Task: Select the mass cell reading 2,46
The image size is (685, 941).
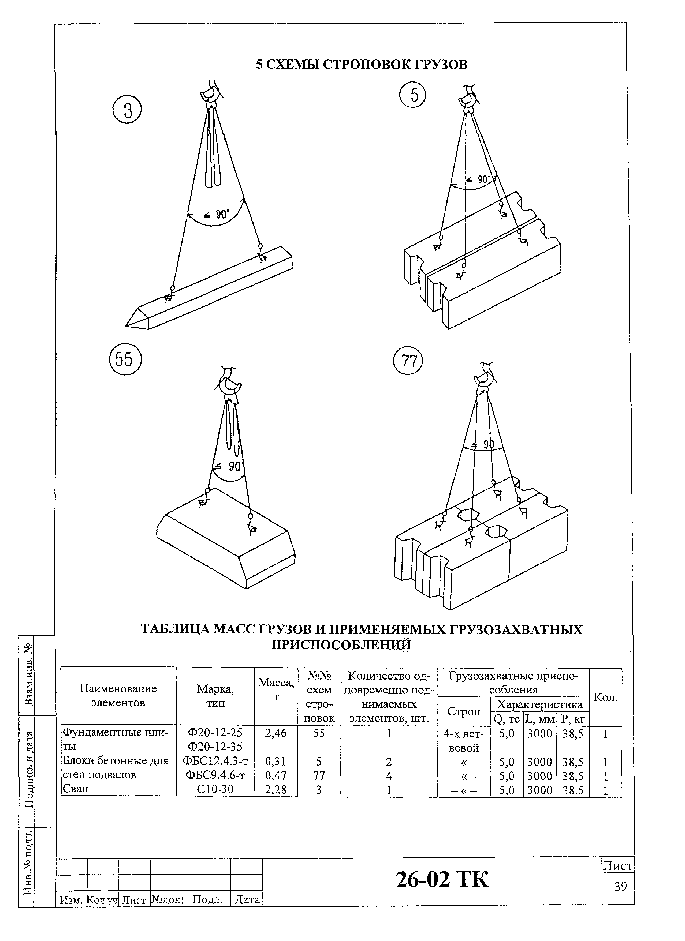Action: click(x=276, y=733)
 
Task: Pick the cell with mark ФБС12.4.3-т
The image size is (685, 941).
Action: click(x=215, y=761)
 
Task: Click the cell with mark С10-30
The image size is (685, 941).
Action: click(x=215, y=789)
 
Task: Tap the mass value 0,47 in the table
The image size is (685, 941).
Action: click(x=276, y=775)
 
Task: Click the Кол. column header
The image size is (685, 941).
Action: click(x=605, y=697)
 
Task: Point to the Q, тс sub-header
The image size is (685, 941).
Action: click(x=506, y=719)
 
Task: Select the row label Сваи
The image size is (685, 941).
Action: click(x=75, y=789)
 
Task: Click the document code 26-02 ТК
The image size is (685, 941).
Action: click(x=442, y=879)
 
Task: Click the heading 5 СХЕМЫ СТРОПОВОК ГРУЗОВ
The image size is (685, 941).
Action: click(x=361, y=65)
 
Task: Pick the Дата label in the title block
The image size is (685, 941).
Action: click(x=247, y=899)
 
